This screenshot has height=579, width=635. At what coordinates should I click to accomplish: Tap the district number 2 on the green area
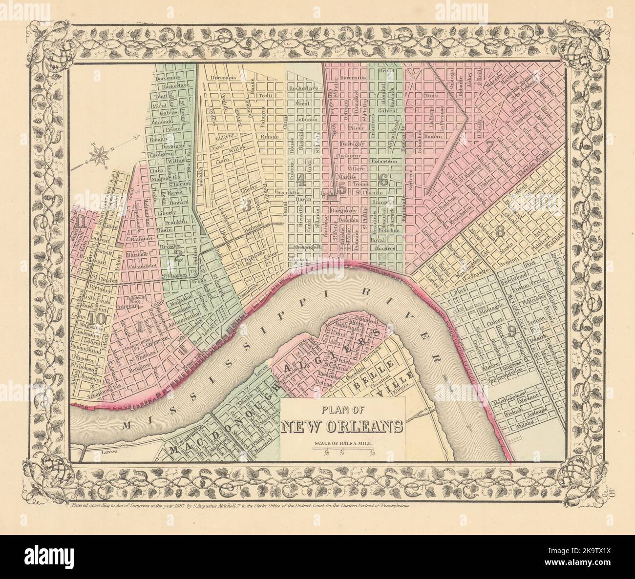(179, 256)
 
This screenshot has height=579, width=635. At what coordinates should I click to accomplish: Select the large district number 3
(247, 205)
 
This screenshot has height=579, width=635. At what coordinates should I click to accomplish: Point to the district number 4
(301, 182)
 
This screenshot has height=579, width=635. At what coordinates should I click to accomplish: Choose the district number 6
(383, 180)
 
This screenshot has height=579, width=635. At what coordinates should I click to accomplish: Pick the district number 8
(499, 233)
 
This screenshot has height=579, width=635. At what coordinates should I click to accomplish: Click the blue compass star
(103, 154)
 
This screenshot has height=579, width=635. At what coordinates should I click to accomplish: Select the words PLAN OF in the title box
(342, 411)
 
